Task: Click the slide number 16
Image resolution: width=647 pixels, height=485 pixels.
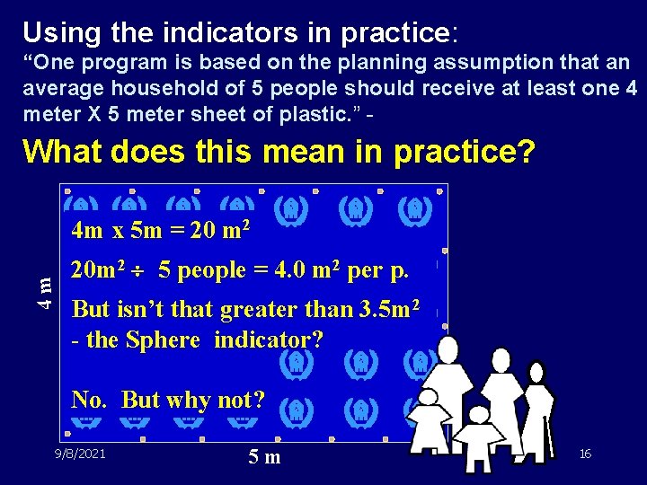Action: (x=585, y=454)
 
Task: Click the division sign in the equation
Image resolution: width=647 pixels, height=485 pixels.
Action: (x=139, y=269)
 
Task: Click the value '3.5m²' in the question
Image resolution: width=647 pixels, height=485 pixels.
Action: (x=389, y=310)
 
